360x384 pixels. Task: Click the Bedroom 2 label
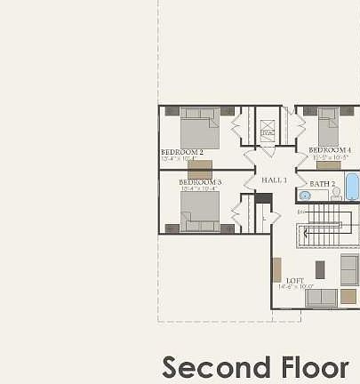[x=182, y=152]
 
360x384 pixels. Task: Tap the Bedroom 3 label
[x=201, y=181]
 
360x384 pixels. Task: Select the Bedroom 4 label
[x=330, y=150]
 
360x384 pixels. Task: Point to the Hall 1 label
[x=274, y=180]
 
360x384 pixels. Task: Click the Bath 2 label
[x=323, y=184]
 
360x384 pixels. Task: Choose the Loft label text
[x=294, y=280]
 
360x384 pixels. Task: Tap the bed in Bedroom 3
[x=200, y=211]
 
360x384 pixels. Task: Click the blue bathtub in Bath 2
[x=351, y=188]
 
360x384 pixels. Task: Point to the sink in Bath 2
[x=305, y=196]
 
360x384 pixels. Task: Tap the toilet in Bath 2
[x=336, y=193]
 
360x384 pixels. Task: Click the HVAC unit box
[x=268, y=132]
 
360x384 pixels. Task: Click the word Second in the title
[x=217, y=367]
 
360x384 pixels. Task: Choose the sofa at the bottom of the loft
[x=321, y=298]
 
